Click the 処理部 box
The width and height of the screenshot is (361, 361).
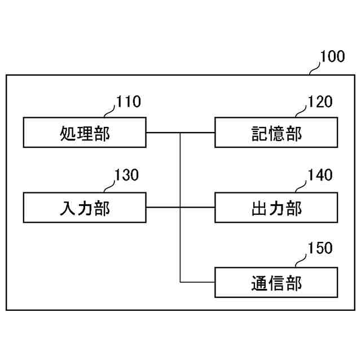click(x=85, y=133)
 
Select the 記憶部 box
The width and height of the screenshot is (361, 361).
click(x=276, y=133)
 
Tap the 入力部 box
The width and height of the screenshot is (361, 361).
click(x=85, y=208)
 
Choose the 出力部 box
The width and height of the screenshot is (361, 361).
click(x=276, y=208)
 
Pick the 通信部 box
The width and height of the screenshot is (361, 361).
click(x=276, y=282)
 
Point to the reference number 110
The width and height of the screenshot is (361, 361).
click(x=129, y=102)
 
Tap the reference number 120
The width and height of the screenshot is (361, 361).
click(x=320, y=102)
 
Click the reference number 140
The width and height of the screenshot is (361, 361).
click(x=320, y=175)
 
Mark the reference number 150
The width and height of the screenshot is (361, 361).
click(x=320, y=248)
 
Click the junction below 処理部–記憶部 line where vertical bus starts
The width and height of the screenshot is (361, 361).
click(x=180, y=133)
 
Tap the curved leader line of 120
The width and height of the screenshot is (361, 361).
click(x=301, y=110)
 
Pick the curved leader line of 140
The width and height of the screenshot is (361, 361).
click(x=301, y=184)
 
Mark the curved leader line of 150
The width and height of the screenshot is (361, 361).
click(x=301, y=257)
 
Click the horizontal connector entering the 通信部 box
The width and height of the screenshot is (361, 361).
click(x=197, y=282)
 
